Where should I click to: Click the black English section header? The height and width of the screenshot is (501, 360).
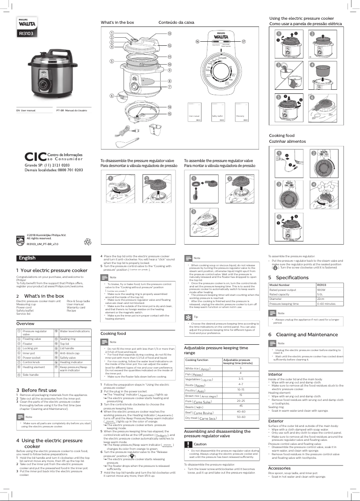(27, 258)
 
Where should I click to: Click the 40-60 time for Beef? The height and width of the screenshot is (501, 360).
(241, 412)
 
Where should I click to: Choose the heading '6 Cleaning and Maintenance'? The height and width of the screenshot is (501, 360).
(303, 322)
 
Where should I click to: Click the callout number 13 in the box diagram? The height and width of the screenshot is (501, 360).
(169, 34)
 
